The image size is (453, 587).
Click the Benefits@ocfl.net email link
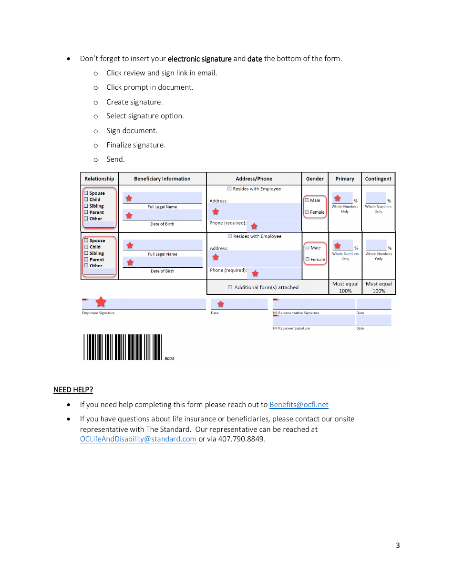click(299, 405)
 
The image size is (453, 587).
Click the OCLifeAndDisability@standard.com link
click(138, 439)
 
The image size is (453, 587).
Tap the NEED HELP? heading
click(73, 390)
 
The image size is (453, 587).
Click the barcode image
click(123, 347)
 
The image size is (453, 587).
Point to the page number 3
click(398, 545)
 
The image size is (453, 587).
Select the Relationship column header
click(99, 179)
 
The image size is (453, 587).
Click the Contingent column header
click(378, 179)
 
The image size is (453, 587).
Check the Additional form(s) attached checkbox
click(230, 287)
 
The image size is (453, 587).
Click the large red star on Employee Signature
click(101, 302)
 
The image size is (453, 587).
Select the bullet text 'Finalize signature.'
click(135, 145)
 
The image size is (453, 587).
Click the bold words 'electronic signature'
click(199, 59)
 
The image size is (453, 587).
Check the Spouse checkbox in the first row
click(86, 193)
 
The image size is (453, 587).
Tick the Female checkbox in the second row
click(307, 259)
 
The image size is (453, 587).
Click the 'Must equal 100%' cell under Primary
click(345, 287)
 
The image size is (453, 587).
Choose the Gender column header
click(315, 179)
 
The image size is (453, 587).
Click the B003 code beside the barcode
click(169, 358)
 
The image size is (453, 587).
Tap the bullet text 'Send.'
click(115, 159)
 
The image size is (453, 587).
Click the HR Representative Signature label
click(296, 313)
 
